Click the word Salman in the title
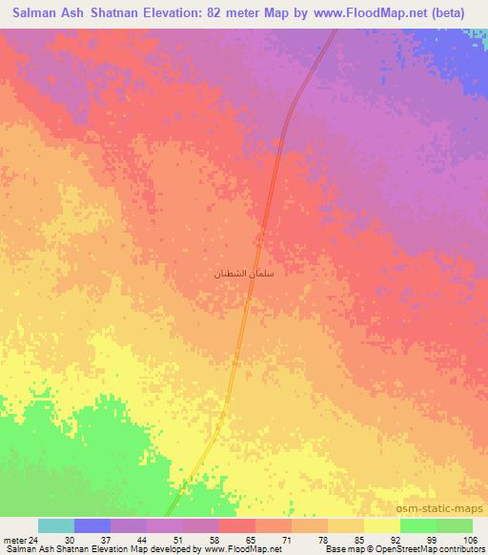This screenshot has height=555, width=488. click(x=38, y=14)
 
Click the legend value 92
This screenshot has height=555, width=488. click(x=399, y=539)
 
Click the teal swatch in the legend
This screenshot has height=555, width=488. click(x=55, y=525)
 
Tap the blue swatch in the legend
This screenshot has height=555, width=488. click(x=91, y=525)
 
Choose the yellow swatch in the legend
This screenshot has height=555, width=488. click(x=381, y=525)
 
